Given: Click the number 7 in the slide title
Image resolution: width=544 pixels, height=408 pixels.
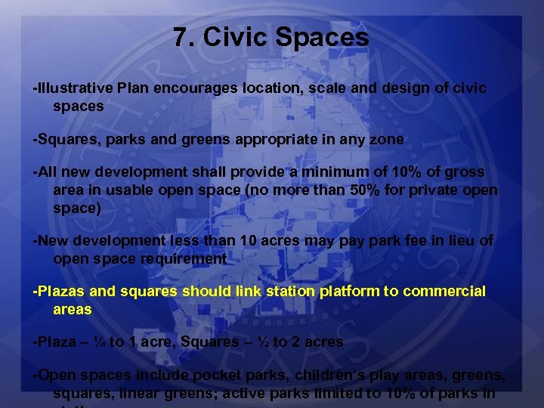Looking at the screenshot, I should (180, 37).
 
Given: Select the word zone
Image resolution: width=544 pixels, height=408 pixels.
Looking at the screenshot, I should (388, 139).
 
